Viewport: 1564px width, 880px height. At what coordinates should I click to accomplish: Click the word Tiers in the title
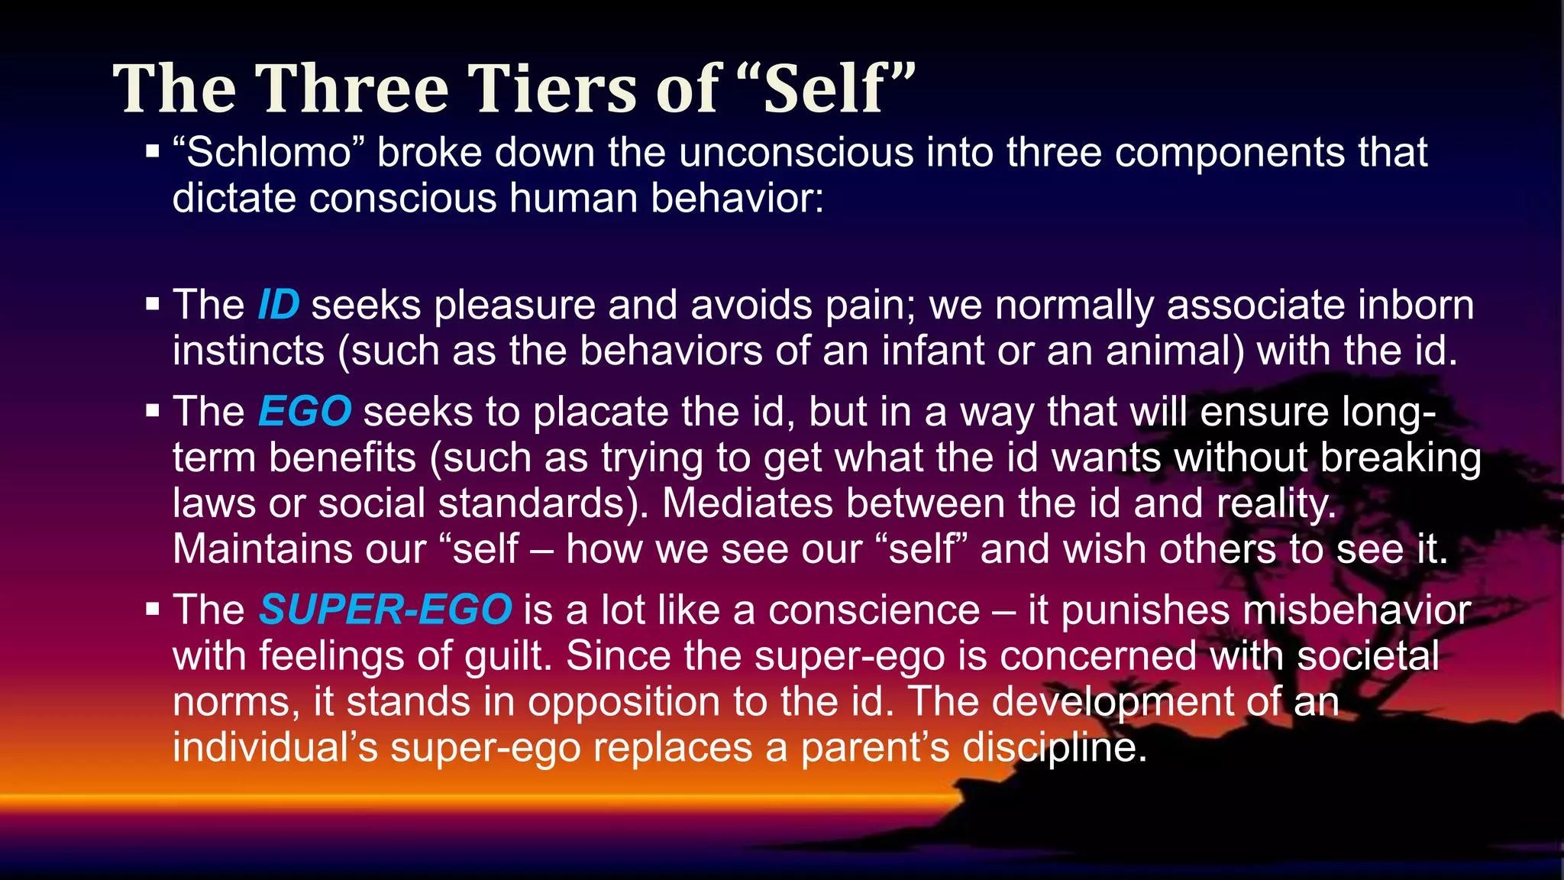[554, 89]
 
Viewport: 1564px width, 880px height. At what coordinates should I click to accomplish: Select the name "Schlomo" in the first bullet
[267, 152]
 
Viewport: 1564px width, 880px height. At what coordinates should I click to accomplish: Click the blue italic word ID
[279, 305]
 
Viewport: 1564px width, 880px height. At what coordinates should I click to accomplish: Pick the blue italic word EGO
[305, 412]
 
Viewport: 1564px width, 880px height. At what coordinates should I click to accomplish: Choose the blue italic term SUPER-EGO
[385, 610]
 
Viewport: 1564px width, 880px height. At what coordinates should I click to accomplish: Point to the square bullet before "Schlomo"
[153, 151]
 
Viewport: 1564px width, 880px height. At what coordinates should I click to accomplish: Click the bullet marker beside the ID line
[153, 304]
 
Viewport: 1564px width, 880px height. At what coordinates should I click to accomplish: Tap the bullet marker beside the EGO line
[153, 411]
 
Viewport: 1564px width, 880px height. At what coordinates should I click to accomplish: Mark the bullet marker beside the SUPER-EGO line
[153, 609]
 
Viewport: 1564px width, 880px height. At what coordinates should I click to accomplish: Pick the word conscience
[874, 610]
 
